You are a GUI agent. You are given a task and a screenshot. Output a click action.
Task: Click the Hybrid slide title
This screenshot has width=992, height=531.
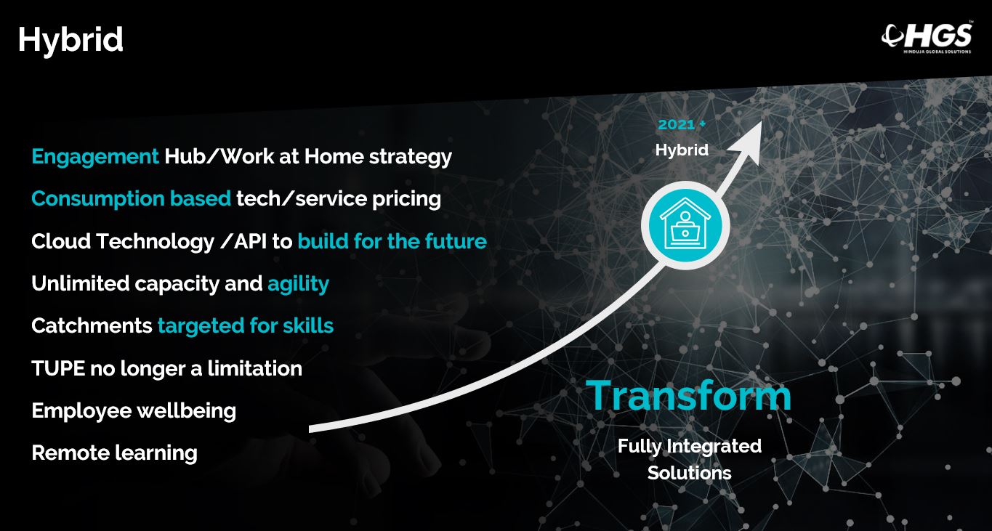pyautogui.click(x=70, y=40)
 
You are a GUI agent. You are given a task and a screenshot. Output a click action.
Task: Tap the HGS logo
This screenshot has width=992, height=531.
pyautogui.click(x=927, y=37)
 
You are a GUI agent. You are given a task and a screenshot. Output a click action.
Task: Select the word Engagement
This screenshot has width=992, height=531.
pyautogui.click(x=95, y=157)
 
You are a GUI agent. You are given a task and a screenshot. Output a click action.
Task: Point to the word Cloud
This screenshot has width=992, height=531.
pyautogui.click(x=61, y=241)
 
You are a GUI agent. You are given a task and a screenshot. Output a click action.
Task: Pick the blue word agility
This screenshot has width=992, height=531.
pyautogui.click(x=299, y=283)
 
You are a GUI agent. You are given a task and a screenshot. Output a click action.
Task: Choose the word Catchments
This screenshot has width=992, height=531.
pyautogui.click(x=92, y=325)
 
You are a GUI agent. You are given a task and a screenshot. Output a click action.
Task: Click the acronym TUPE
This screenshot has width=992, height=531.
pyautogui.click(x=58, y=368)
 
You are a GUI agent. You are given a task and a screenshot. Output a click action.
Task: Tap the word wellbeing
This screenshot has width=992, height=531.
pyautogui.click(x=187, y=410)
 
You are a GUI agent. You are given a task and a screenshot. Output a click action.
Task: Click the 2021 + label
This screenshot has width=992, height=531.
pyautogui.click(x=682, y=124)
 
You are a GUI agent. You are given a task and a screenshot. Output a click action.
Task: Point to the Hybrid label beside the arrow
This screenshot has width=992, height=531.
pyautogui.click(x=682, y=150)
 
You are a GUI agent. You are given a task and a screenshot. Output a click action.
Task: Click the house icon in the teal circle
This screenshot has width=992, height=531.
pyautogui.click(x=685, y=224)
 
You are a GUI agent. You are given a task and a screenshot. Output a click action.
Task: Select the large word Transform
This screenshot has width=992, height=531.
pyautogui.click(x=689, y=395)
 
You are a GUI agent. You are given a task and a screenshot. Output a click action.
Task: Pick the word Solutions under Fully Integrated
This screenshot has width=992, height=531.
pyautogui.click(x=689, y=473)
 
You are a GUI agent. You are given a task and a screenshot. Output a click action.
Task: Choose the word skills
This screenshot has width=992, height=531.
pyautogui.click(x=308, y=325)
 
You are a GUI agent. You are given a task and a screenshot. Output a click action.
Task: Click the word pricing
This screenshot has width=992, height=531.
pyautogui.click(x=406, y=199)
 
